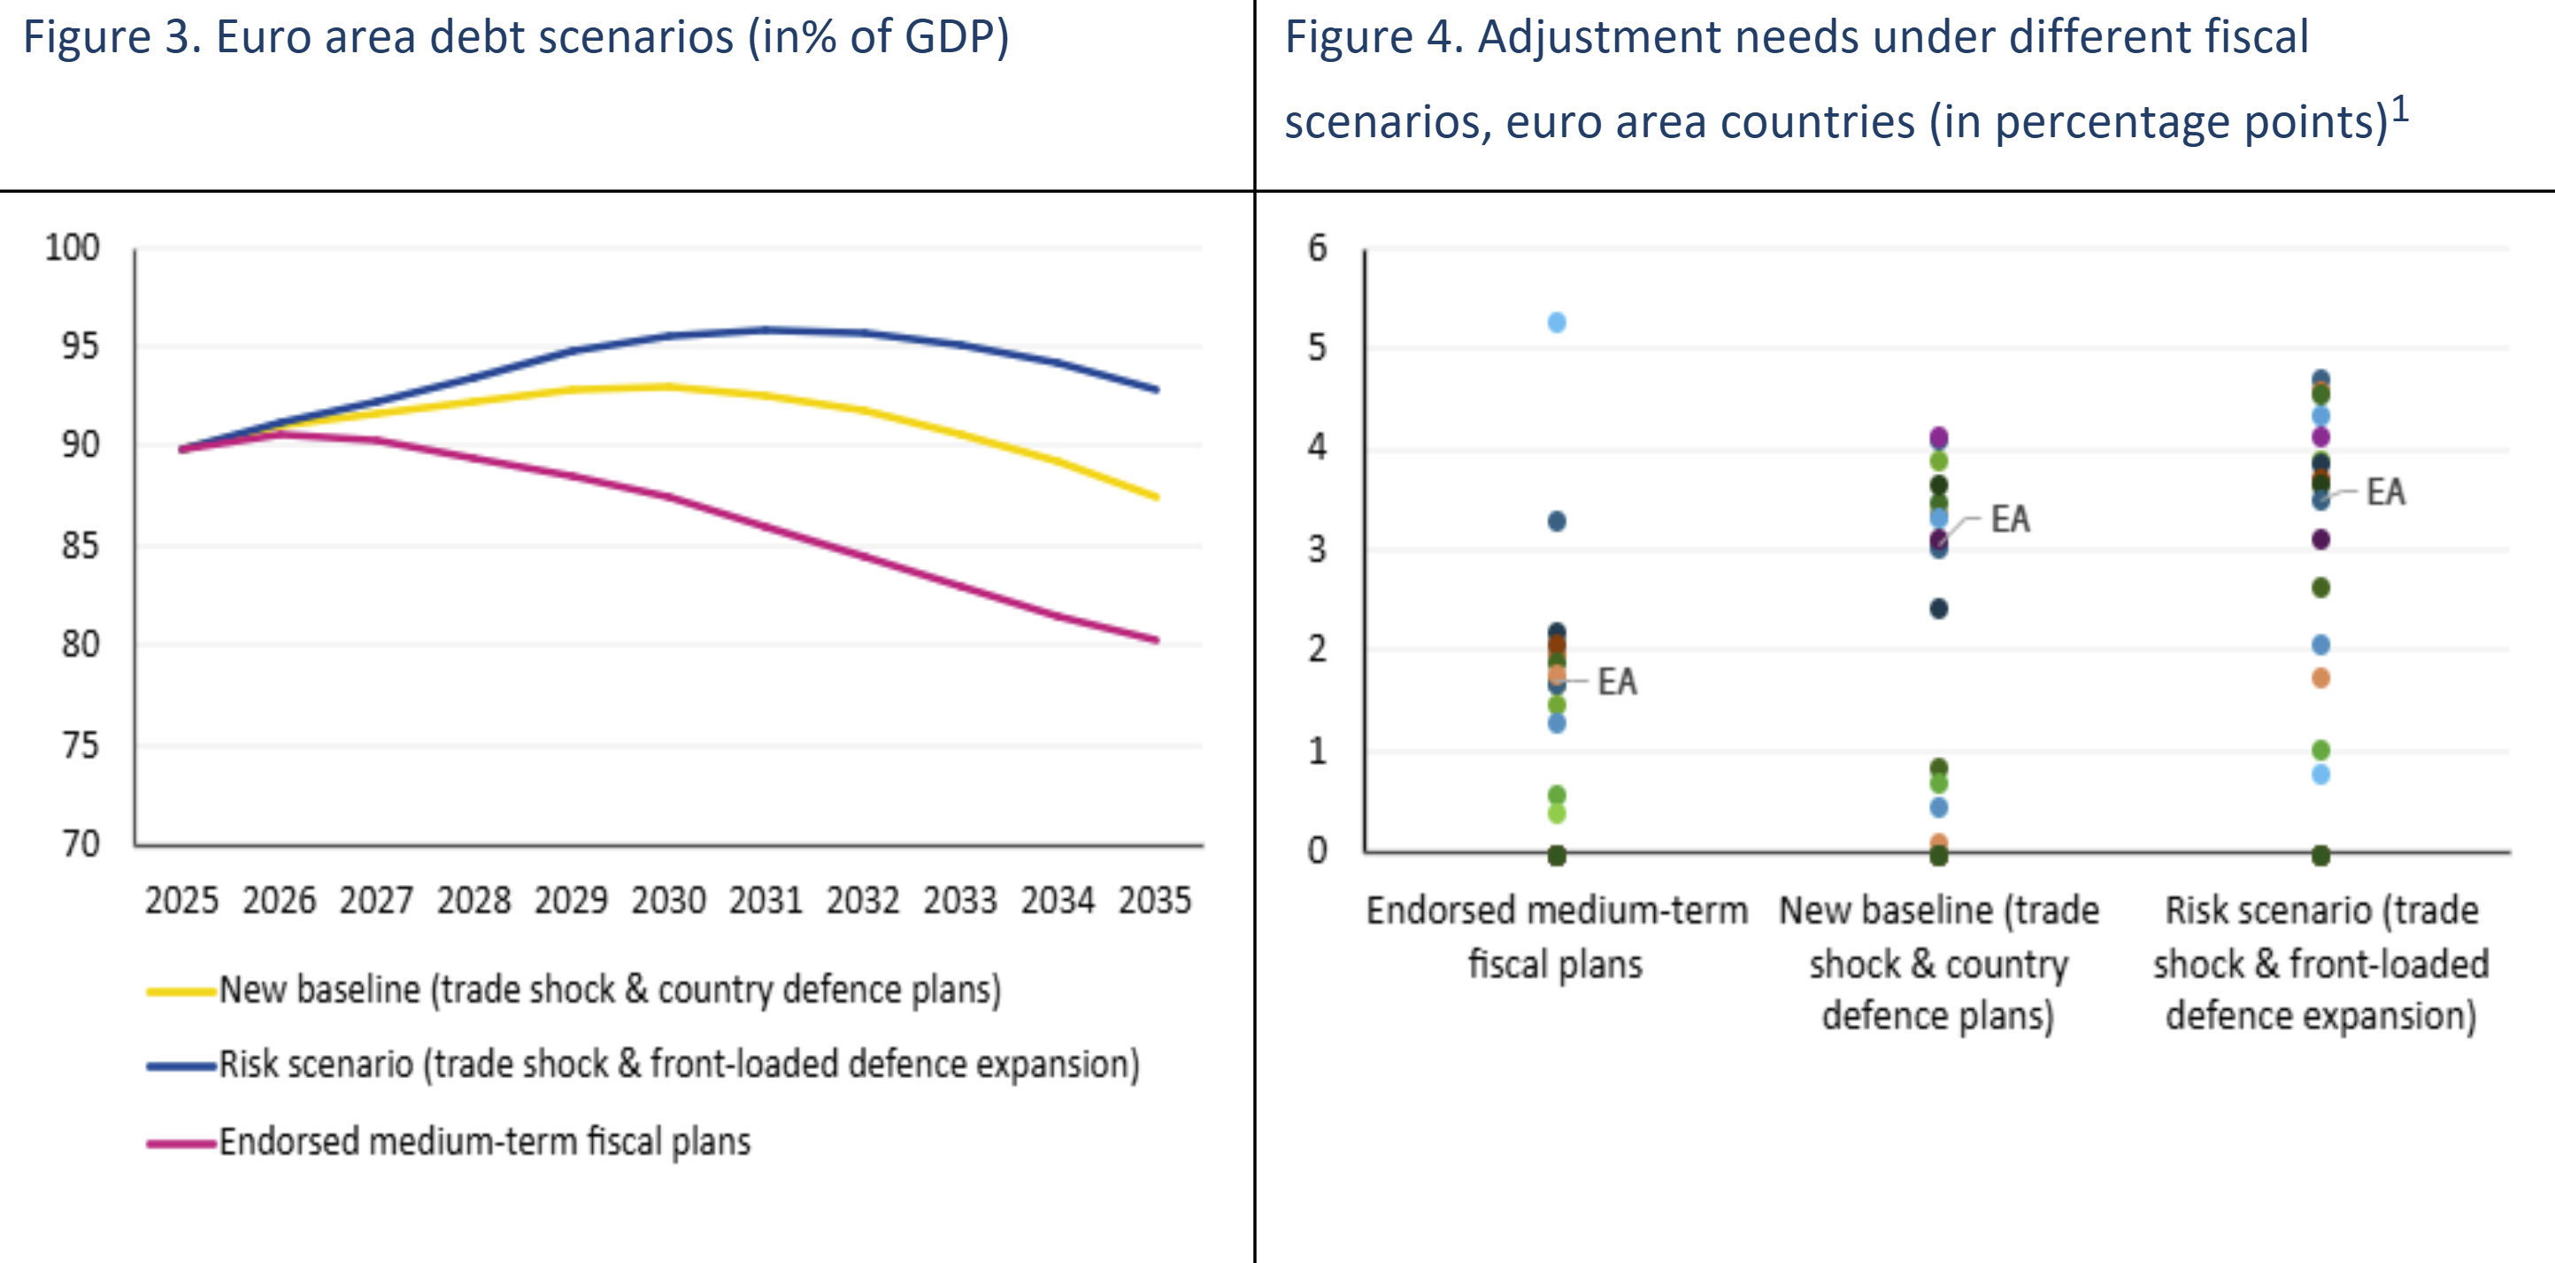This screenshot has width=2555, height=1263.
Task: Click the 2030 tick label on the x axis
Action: [x=668, y=900]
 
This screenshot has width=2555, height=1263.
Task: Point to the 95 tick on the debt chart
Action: [x=81, y=346]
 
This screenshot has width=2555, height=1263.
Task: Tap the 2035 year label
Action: [x=1155, y=900]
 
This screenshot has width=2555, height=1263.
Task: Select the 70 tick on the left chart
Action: [x=81, y=843]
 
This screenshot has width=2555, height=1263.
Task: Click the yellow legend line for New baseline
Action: [x=181, y=990]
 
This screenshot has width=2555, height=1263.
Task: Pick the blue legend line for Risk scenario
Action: [x=181, y=1066]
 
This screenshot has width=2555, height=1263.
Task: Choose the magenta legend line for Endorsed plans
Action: [x=181, y=1143]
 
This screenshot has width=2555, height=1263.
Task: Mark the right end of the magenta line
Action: [x=1156, y=640]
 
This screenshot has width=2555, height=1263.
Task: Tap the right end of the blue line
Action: [x=1156, y=389]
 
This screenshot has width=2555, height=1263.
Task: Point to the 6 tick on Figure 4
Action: [x=1317, y=248]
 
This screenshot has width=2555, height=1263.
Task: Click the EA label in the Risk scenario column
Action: [x=2385, y=492]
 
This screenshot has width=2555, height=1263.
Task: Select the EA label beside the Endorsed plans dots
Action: [x=1617, y=682]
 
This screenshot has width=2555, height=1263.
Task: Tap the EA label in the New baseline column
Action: [x=2011, y=519]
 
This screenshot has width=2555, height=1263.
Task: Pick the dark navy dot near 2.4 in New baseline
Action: [x=1939, y=608]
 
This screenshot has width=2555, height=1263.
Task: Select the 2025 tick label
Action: [x=181, y=900]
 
